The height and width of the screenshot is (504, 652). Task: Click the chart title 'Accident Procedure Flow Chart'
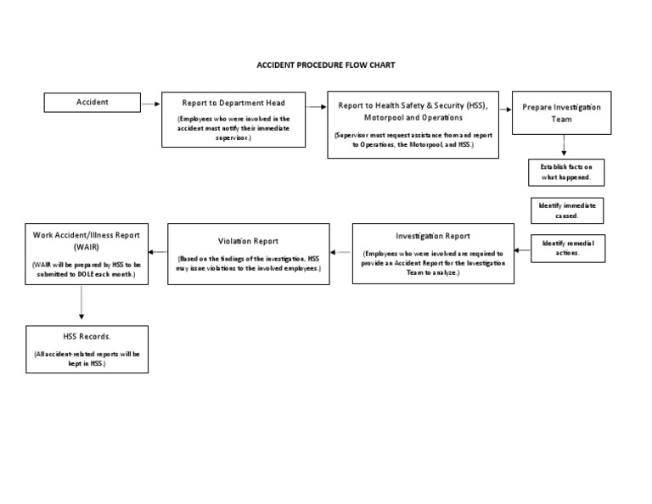(x=326, y=64)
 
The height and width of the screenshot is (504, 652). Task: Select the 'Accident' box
(x=93, y=103)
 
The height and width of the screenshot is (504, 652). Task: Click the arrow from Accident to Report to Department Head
(x=150, y=104)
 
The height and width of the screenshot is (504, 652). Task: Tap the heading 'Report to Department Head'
(x=233, y=103)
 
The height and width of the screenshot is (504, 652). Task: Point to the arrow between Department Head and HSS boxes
(x=317, y=106)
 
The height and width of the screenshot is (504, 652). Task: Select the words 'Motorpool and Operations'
(x=413, y=118)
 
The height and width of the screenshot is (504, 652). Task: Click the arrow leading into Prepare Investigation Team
(x=503, y=108)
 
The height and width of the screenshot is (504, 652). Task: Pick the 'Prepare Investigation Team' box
(x=562, y=113)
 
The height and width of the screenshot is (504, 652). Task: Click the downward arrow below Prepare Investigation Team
(x=564, y=146)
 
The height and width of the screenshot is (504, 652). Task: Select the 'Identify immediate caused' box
(x=564, y=210)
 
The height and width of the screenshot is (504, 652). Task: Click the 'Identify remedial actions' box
(x=567, y=248)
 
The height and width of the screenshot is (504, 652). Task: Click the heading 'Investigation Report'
(x=433, y=236)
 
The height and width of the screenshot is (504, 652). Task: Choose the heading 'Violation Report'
(x=248, y=241)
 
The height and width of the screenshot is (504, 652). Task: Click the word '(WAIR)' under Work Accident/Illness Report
(x=86, y=247)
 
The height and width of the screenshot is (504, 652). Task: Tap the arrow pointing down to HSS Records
(x=81, y=301)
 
